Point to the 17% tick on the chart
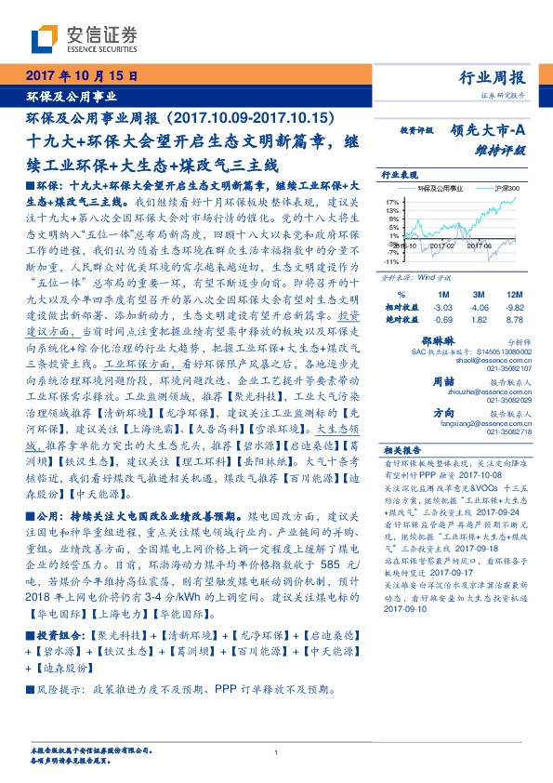(x=392, y=201)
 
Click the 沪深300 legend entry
(x=507, y=188)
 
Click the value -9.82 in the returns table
(x=513, y=306)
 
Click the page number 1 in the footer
(x=277, y=752)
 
